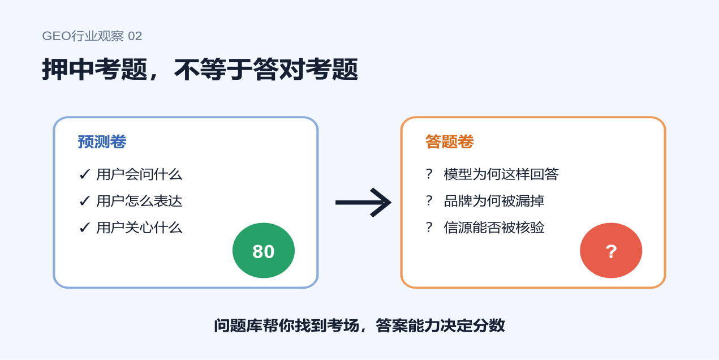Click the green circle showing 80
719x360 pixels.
[264, 251]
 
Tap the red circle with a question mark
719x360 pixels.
[611, 251]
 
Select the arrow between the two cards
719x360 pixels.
[363, 202]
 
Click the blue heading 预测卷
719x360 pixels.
[102, 142]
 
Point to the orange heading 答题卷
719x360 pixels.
[449, 142]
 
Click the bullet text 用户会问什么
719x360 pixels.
[139, 174]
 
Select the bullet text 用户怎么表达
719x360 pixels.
[139, 201]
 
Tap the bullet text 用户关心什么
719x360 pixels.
[139, 228]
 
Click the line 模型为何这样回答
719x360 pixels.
[501, 174]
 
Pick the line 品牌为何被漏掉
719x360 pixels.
[494, 201]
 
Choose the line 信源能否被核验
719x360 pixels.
[494, 228]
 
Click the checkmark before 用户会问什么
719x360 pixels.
[84, 175]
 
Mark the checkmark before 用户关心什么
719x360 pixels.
[84, 228]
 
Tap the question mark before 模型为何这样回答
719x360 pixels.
[429, 174]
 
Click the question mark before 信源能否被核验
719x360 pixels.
[429, 228]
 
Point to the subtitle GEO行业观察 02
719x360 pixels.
[92, 36]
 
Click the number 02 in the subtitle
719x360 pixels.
[135, 36]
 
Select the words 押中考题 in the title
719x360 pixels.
[95, 69]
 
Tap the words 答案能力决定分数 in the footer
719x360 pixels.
[440, 325]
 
